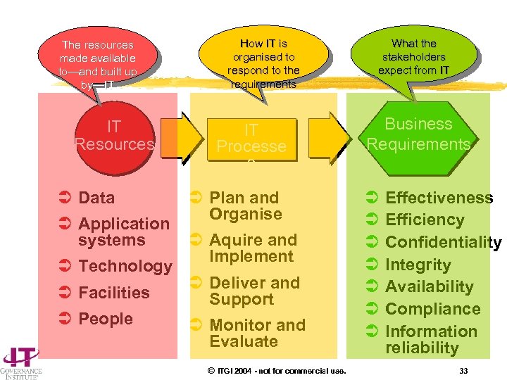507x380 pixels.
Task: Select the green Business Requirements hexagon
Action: point(418,134)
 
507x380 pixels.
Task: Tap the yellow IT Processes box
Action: point(251,138)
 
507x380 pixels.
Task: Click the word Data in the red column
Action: point(96,198)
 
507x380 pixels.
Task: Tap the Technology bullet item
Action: point(125,266)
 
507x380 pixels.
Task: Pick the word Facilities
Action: point(114,293)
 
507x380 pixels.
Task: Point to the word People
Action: point(106,319)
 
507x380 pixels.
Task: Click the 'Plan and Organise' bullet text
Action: point(245,205)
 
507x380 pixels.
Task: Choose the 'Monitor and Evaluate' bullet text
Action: point(257,333)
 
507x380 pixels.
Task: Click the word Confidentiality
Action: point(443,243)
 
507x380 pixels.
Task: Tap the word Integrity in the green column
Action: point(418,265)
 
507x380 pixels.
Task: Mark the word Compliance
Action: point(432,309)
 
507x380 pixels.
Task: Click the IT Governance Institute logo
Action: point(20,363)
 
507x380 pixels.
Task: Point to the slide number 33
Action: point(463,371)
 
